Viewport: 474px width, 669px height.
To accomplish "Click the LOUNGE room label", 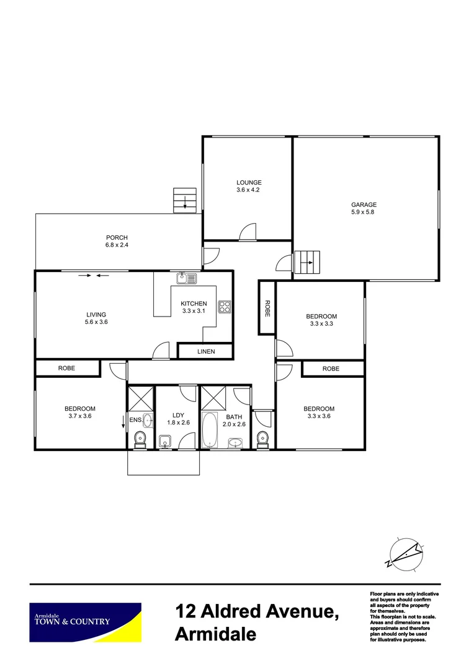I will [248, 183].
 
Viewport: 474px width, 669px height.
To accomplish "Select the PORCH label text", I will [117, 237].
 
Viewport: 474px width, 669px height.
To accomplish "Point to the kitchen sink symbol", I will [187, 278].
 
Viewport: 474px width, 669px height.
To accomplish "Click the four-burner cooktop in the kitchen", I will [224, 306].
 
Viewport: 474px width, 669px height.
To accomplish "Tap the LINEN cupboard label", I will [206, 352].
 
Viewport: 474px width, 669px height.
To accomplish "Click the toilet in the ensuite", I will [140, 438].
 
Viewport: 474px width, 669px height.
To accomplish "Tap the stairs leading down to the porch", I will [185, 200].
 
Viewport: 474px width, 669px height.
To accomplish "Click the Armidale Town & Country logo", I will [86, 621].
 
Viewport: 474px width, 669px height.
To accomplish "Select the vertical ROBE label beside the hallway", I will [267, 308].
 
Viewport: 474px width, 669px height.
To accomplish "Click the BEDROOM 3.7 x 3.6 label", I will [80, 412].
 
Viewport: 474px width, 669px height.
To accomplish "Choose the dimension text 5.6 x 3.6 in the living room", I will [97, 321].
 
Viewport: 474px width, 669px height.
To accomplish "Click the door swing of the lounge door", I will [248, 231].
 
